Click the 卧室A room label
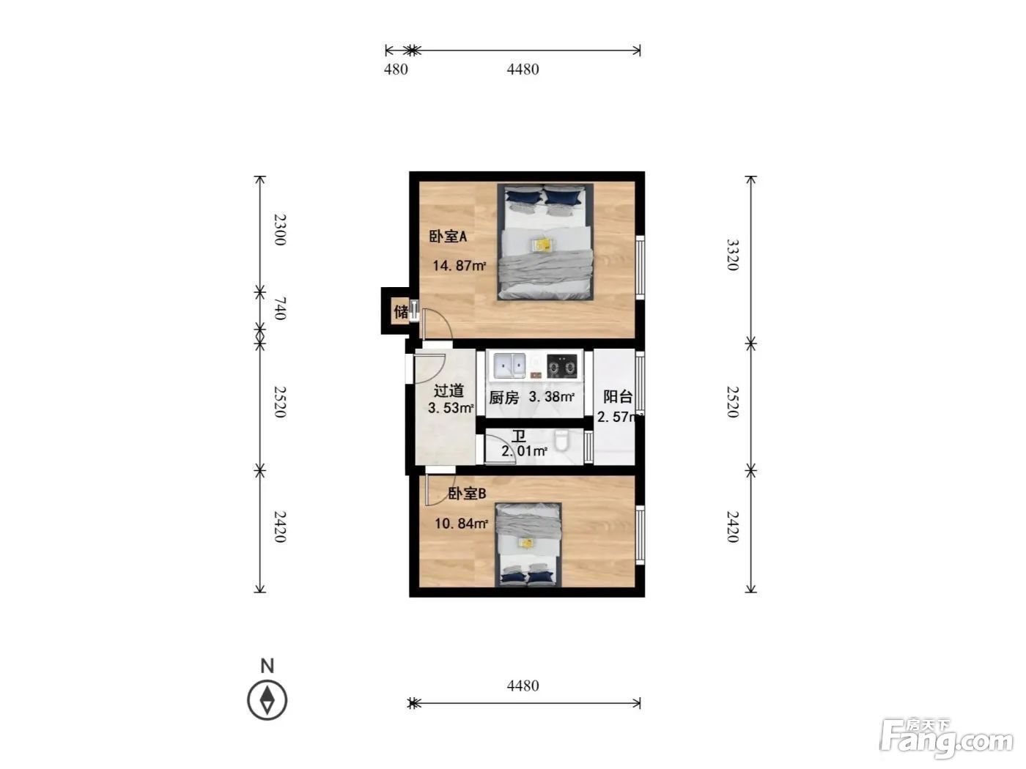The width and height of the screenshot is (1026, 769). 448,237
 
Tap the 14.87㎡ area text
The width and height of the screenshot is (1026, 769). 459,266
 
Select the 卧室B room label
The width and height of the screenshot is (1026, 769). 467,494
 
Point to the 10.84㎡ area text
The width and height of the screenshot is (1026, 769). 462,524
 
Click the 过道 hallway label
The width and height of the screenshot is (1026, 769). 449,390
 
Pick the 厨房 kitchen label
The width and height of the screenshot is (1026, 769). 504,398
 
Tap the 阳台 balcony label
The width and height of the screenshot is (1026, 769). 618,396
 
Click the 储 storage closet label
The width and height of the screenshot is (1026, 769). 401,311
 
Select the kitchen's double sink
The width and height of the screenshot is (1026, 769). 509,365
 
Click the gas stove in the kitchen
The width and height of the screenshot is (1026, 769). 562,366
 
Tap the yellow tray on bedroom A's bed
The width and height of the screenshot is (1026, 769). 543,244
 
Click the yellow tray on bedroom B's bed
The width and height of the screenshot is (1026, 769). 527,543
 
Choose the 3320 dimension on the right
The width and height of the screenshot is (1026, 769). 732,255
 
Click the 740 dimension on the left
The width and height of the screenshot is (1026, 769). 279,308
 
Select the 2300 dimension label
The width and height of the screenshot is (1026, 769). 279,230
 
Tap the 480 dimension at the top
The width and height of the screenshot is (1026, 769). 396,70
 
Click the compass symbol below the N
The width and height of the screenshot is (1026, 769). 267,700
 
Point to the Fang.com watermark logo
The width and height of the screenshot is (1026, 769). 947,739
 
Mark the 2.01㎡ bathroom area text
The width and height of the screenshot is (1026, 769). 524,451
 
